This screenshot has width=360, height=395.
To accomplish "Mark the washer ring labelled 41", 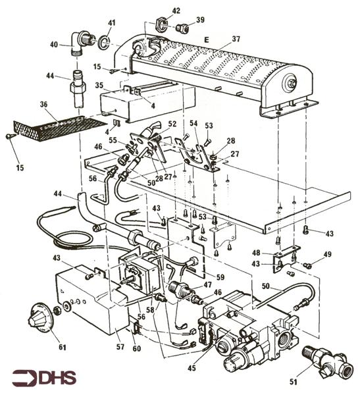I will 104,43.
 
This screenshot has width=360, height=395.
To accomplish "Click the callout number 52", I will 172,123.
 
